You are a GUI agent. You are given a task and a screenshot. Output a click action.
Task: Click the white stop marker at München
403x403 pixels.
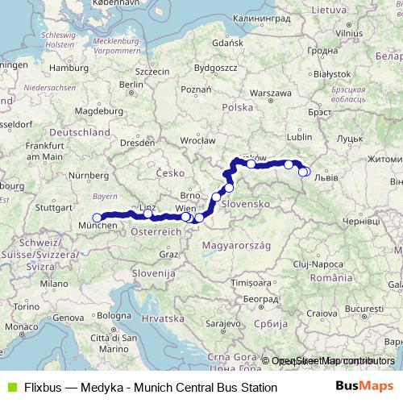(x=97, y=217)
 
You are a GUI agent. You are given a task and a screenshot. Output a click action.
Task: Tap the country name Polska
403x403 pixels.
(x=238, y=106)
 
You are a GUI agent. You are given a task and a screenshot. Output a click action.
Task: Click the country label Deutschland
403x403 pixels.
(x=79, y=131)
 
